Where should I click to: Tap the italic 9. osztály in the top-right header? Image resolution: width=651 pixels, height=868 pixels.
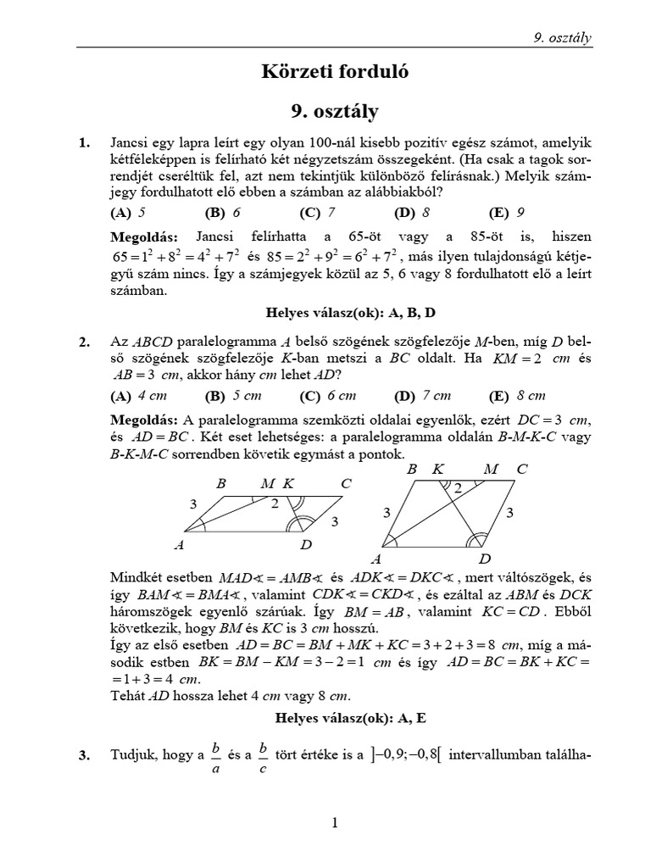pyautogui.click(x=561, y=37)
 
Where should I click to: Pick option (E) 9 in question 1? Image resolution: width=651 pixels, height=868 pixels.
pyautogui.click(x=508, y=213)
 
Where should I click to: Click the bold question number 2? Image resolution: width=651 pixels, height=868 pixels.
pyautogui.click(x=84, y=342)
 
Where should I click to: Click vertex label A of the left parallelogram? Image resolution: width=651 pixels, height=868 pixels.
pyautogui.click(x=178, y=545)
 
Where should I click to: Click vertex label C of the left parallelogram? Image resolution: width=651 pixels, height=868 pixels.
pyautogui.click(x=346, y=485)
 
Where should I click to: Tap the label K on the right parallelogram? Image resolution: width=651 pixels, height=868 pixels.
pyautogui.click(x=438, y=468)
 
